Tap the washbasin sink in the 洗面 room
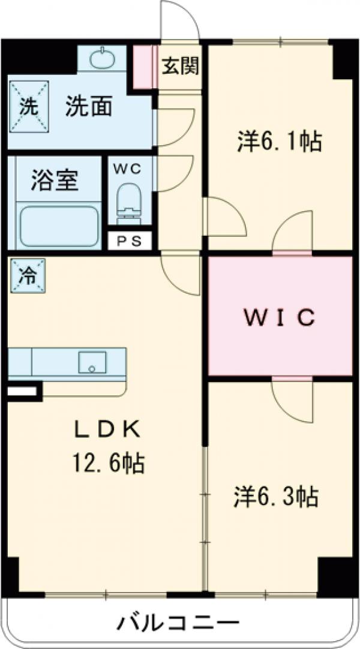pos(102,59)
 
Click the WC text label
pos(127,169)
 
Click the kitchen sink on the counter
pos(92,362)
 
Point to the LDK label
pos(107,429)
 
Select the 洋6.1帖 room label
pos(278,143)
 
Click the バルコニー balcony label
pos(178,623)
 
